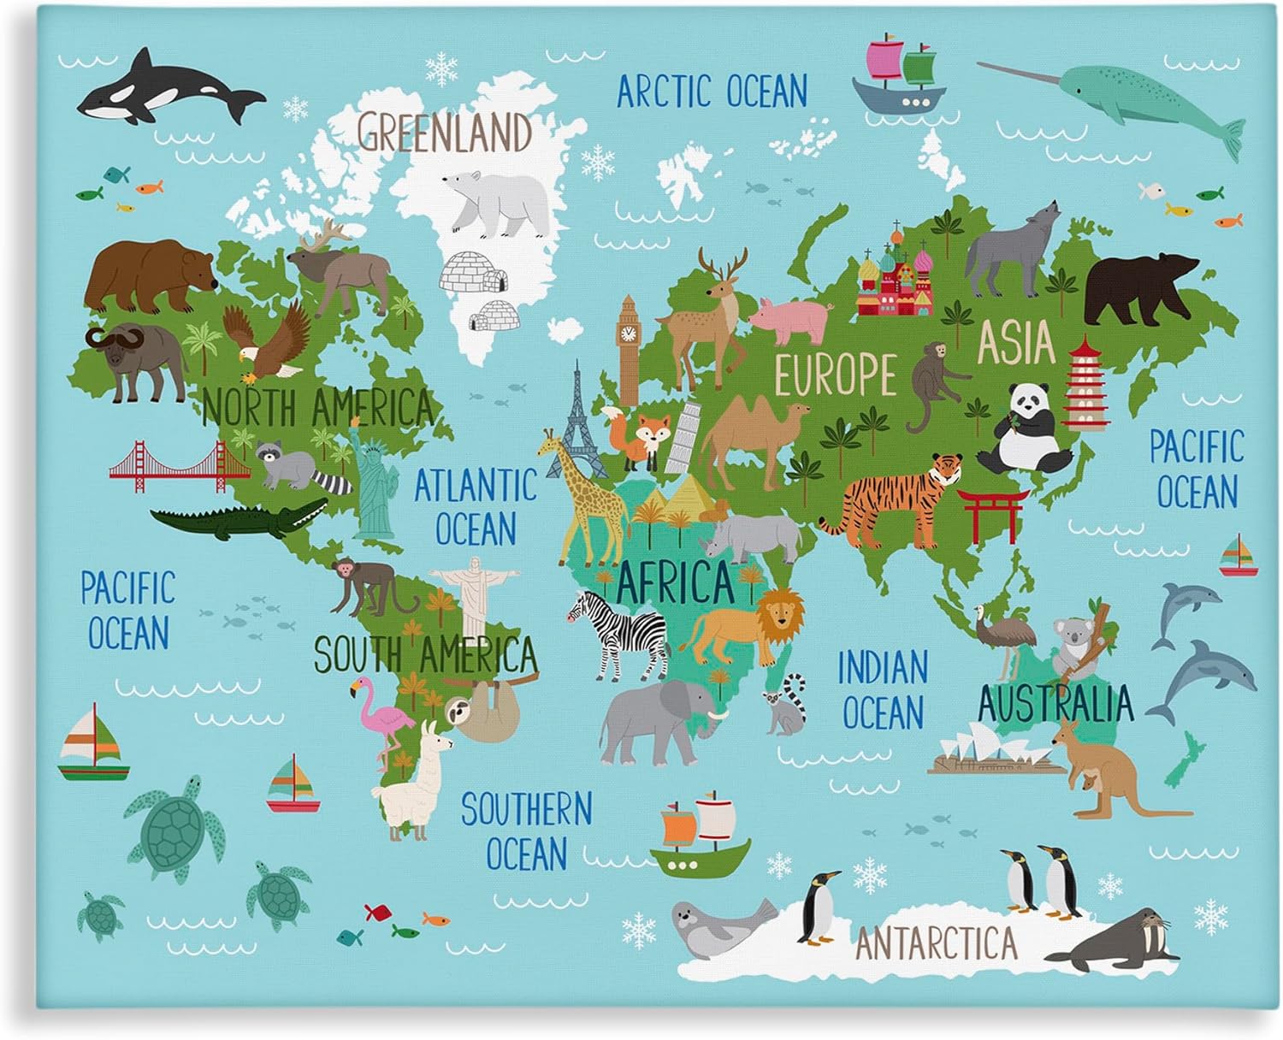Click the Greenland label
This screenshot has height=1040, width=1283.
[x=444, y=133]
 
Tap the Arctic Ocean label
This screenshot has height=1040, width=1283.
[x=712, y=91]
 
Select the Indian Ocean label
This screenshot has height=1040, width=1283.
[x=882, y=689]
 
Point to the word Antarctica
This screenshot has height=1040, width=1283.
[x=937, y=943]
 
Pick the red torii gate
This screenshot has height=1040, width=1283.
[x=991, y=514]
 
